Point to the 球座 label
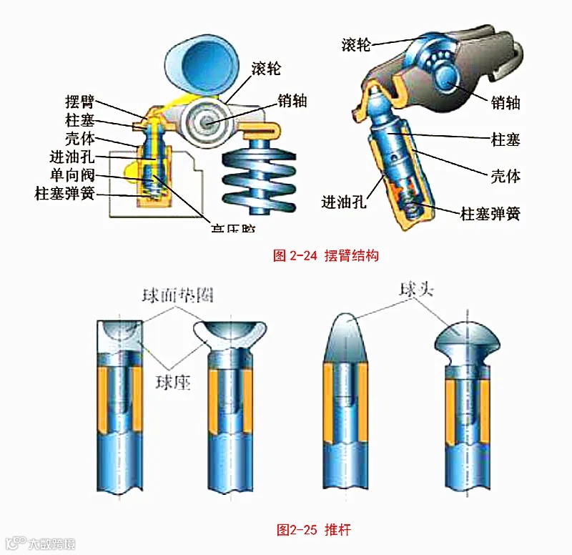(174, 382)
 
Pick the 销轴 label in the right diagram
(505, 102)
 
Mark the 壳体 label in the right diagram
(506, 175)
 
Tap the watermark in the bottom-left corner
(39, 543)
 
